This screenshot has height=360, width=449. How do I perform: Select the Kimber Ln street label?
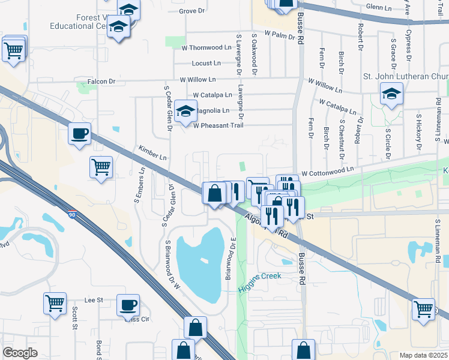pyautogui.click(x=152, y=152)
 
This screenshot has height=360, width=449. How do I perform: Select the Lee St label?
pyautogui.click(x=94, y=299)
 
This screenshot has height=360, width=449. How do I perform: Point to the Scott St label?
pyautogui.click(x=75, y=319)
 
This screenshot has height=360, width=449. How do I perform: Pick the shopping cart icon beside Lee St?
pyautogui.click(x=55, y=302)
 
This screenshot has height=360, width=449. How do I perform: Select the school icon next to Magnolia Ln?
pyautogui.click(x=186, y=111)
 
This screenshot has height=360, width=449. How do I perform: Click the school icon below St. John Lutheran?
pyautogui.click(x=391, y=94)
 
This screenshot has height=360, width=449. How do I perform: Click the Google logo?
pyautogui.click(x=20, y=353)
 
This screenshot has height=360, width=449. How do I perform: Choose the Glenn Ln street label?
pyautogui.click(x=381, y=7)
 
